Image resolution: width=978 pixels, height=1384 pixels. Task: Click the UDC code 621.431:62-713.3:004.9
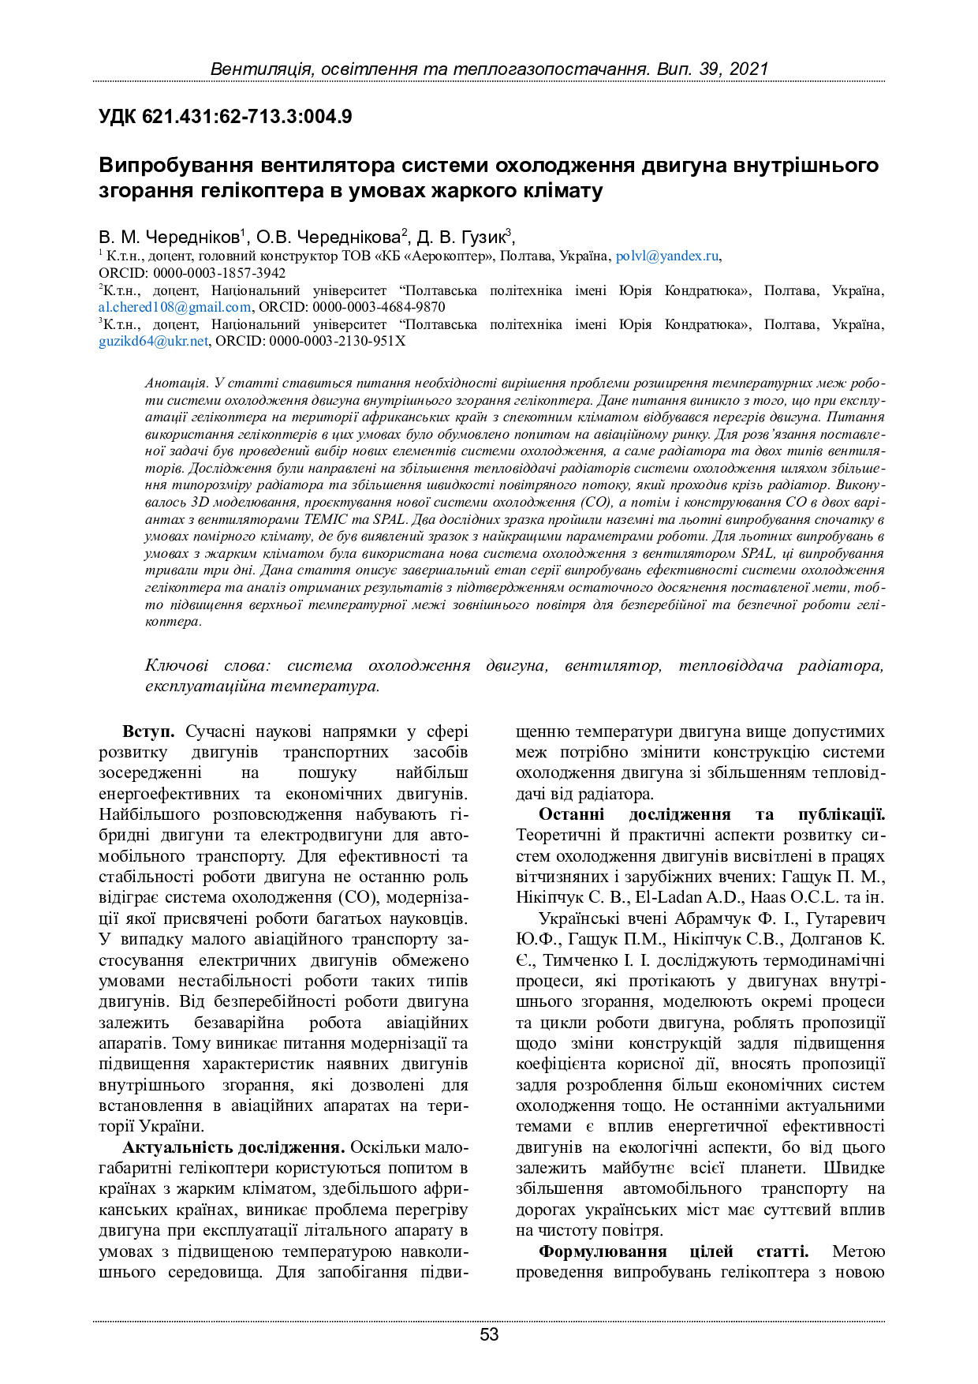pyautogui.click(x=247, y=118)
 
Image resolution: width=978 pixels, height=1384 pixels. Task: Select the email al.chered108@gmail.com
pyautogui.click(x=175, y=308)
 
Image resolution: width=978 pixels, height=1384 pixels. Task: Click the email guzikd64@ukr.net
pyautogui.click(x=154, y=342)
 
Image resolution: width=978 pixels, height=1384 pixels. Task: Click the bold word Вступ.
pyautogui.click(x=153, y=732)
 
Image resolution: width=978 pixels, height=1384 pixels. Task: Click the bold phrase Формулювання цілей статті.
pyautogui.click(x=673, y=1251)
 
